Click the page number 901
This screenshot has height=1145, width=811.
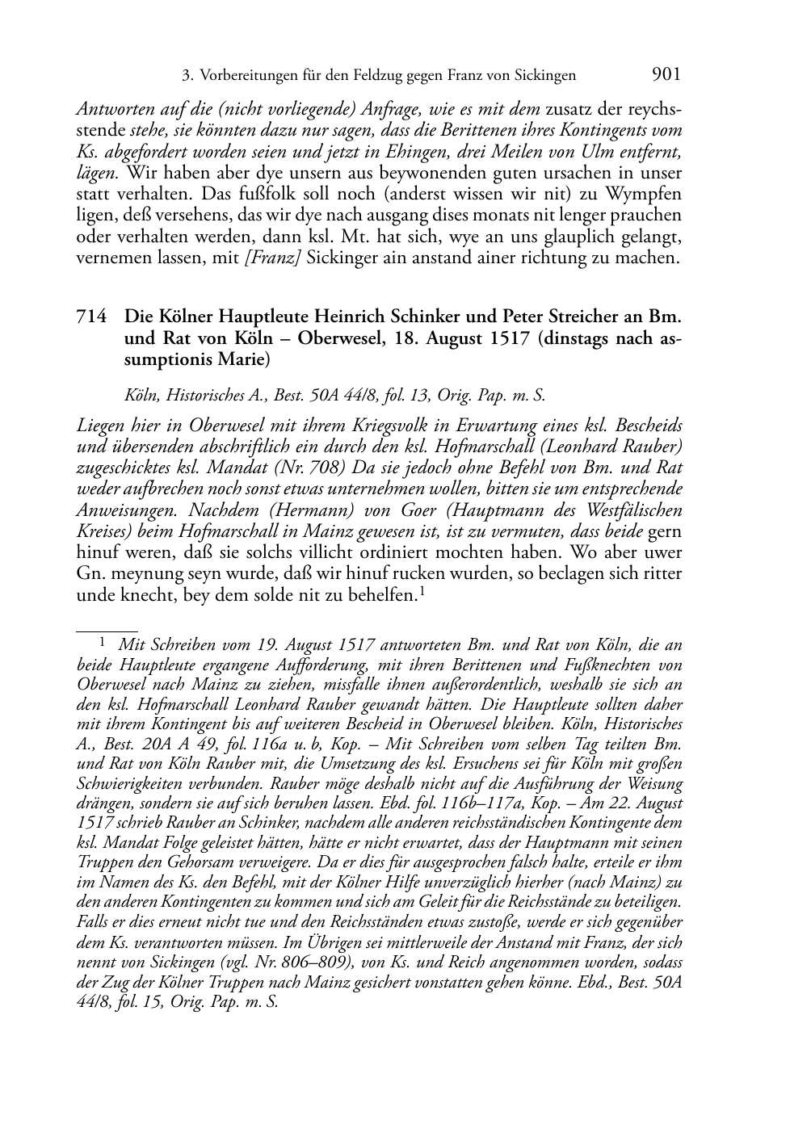pos(666,74)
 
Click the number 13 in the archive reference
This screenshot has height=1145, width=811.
pos(418,396)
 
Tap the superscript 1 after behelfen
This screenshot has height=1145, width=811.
pos(422,593)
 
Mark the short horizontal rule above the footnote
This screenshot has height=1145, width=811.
pos(107,624)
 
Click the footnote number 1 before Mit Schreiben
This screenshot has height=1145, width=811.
pos(103,644)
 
